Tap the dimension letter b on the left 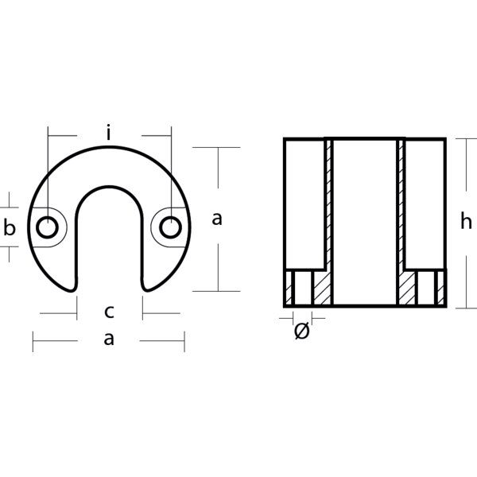(10, 229)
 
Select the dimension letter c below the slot (110, 311)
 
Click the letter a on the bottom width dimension (110, 339)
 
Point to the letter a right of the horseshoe (217, 219)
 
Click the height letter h (466, 223)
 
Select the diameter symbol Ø (301, 332)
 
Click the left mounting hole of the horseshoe (47, 227)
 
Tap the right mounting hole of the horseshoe (170, 227)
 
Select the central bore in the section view (364, 223)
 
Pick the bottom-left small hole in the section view (301, 288)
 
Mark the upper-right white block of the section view (425, 203)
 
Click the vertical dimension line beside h (456, 223)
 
